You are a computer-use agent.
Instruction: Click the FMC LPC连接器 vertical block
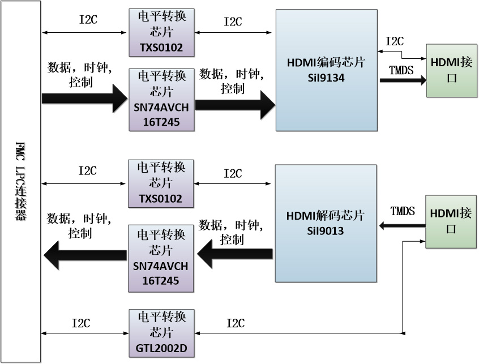(x=20, y=181)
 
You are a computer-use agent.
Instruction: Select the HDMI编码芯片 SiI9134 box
(x=326, y=70)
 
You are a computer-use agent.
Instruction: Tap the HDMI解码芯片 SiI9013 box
(x=326, y=223)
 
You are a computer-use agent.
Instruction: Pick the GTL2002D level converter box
(x=161, y=333)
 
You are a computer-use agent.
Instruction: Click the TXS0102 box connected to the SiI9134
(x=161, y=33)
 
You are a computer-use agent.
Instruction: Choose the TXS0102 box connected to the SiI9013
(x=161, y=183)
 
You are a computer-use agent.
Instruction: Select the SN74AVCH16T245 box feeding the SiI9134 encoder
(x=161, y=100)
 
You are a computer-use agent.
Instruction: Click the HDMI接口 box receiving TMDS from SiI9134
(x=451, y=70)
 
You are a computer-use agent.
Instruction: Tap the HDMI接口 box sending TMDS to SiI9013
(x=451, y=221)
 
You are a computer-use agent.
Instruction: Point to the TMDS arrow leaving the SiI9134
(x=402, y=80)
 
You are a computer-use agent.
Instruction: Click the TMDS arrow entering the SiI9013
(x=402, y=226)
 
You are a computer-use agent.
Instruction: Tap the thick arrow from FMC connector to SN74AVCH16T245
(x=85, y=99)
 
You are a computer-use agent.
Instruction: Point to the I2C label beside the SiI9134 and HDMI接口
(x=395, y=41)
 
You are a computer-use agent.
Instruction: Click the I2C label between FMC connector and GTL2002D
(x=81, y=323)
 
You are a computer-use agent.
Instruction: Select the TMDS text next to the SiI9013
(x=403, y=211)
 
